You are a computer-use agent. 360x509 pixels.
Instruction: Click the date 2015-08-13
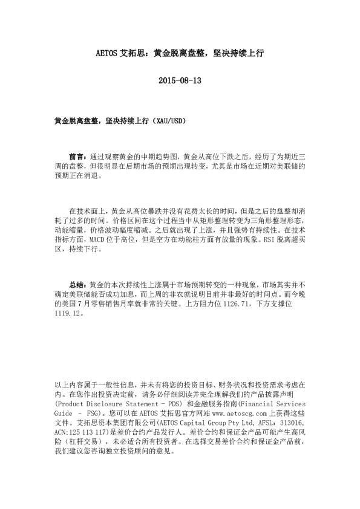pos(179,80)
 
